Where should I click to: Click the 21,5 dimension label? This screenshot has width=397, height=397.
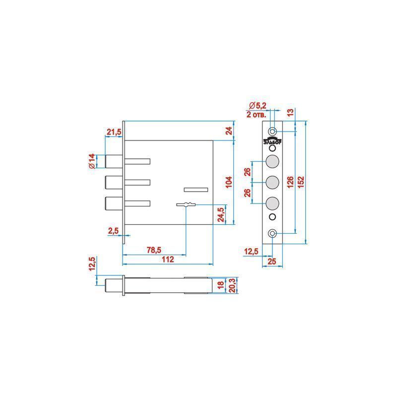point(114,132)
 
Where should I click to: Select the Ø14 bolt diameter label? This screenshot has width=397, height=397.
point(92,161)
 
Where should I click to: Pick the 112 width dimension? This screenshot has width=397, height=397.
point(168,260)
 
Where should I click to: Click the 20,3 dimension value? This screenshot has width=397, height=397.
point(231,285)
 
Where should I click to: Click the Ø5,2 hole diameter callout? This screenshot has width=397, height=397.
point(258,105)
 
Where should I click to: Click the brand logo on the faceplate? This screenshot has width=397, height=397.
point(272,141)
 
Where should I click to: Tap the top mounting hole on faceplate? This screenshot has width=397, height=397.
point(272,131)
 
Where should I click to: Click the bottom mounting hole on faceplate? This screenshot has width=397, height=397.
point(272,233)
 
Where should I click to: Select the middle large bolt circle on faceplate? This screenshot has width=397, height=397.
point(272,182)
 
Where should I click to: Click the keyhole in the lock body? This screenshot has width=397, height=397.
point(186,203)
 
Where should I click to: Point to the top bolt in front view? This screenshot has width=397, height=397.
point(114,161)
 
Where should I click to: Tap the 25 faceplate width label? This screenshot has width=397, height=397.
point(272,261)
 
